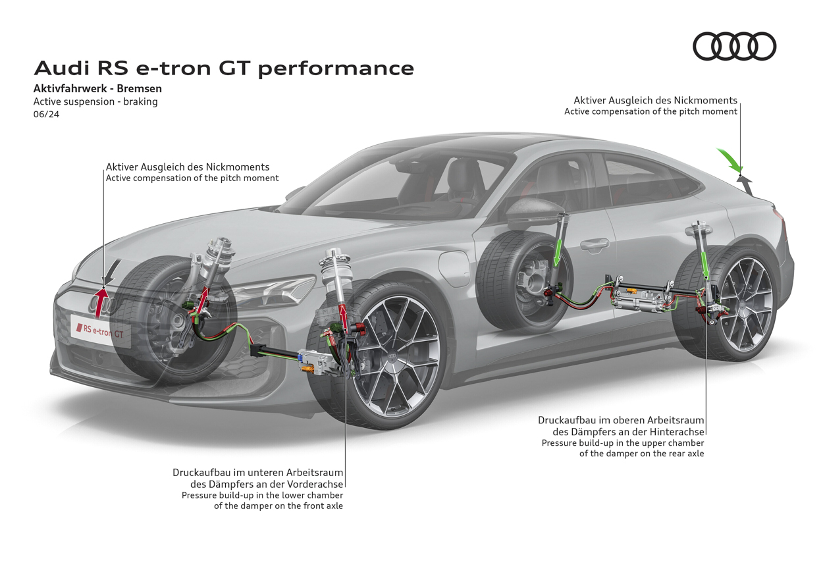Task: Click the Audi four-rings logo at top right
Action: (734, 47)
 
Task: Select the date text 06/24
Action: (46, 114)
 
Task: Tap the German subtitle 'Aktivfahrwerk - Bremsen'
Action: (97, 88)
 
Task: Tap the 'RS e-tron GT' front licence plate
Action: (101, 331)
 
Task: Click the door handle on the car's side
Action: (594, 245)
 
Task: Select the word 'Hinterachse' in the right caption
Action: (677, 432)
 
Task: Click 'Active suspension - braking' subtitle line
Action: (95, 101)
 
